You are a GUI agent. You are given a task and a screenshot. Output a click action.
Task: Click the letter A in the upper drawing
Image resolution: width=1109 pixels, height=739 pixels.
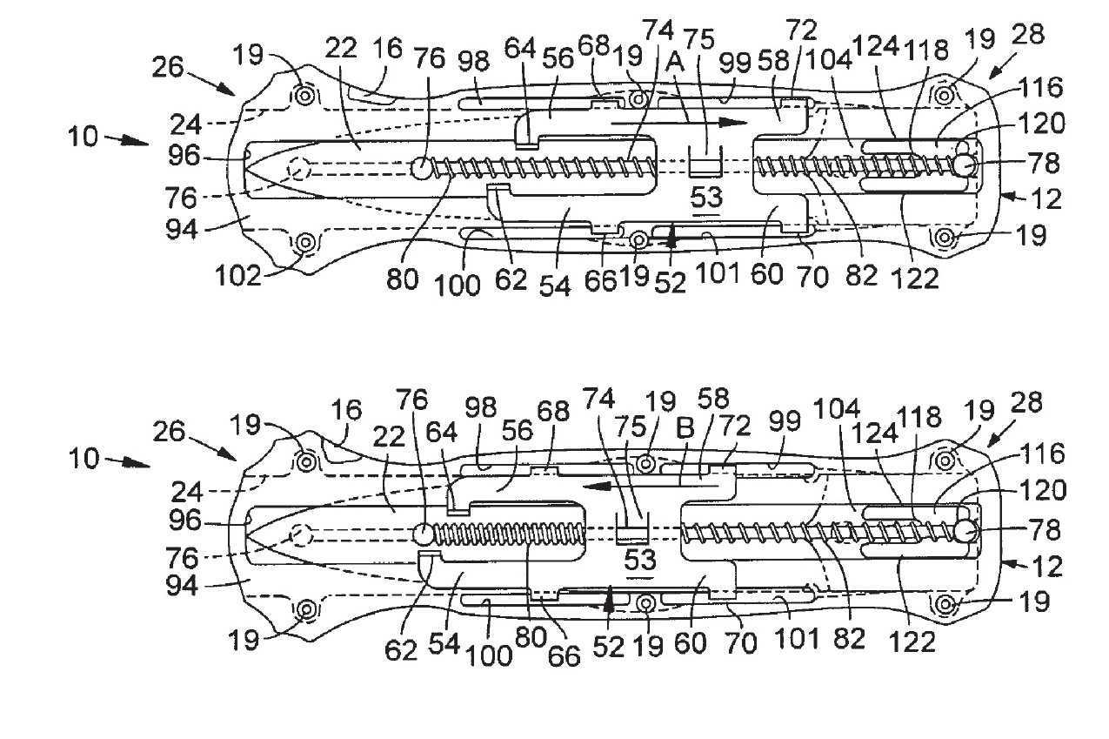click(677, 63)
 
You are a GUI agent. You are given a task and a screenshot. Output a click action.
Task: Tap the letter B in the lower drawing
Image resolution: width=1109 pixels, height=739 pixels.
click(685, 428)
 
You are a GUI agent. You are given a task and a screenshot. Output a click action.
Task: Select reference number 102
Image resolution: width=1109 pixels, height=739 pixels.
click(237, 275)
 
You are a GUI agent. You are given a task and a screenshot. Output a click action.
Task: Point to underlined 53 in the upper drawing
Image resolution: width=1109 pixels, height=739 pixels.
click(706, 198)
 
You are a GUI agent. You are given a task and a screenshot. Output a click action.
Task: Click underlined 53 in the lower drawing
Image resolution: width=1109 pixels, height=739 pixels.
click(640, 560)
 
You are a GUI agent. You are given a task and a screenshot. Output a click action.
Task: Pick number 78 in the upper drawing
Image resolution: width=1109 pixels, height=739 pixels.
click(1044, 164)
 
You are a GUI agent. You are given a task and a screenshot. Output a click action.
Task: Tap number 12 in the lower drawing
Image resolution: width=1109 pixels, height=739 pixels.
click(1046, 567)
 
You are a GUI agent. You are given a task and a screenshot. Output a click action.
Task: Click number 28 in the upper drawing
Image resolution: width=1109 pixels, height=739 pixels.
click(1028, 35)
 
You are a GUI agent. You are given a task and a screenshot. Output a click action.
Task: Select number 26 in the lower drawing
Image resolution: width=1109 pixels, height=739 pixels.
click(169, 432)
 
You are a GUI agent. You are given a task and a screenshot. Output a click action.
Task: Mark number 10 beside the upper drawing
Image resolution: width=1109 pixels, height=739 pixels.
click(84, 136)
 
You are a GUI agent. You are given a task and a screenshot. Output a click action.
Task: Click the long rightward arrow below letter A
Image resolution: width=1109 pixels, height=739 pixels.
click(678, 123)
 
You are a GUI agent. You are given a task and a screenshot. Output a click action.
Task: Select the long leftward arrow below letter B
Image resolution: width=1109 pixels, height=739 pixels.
click(650, 487)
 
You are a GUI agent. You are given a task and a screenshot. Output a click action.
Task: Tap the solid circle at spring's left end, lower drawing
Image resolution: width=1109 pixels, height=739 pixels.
click(424, 534)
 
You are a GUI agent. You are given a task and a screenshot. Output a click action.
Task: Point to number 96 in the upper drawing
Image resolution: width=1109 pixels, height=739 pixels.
click(184, 156)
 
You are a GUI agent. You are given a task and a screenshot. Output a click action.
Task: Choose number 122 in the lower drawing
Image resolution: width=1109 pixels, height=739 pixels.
click(912, 642)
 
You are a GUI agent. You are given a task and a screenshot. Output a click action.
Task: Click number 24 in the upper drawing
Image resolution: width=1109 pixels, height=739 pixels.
click(186, 124)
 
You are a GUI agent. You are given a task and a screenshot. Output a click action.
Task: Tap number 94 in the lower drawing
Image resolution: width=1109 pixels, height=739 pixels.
click(182, 586)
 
